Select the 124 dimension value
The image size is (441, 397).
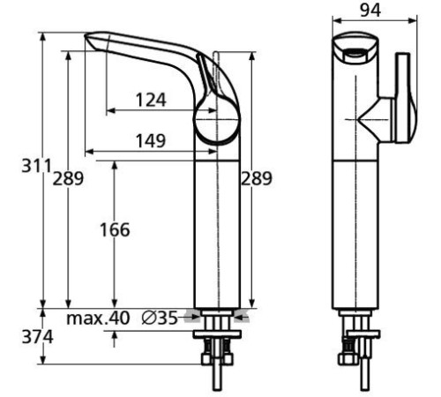point(151,100)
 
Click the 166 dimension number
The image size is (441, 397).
point(114,230)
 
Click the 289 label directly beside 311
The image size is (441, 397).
point(68,179)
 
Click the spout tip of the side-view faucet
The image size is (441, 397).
point(93,40)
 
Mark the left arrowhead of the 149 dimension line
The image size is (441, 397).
point(88,151)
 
